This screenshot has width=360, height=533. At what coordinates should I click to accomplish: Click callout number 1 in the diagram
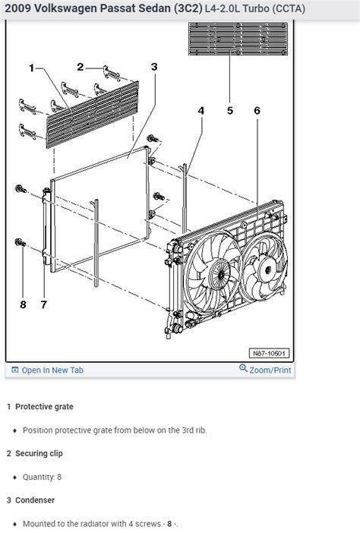point(32,68)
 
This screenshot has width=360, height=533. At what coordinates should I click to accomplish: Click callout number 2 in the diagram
point(81,68)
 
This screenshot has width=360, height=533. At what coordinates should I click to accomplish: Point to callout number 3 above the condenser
point(154,67)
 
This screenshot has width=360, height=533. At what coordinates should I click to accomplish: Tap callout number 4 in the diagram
point(201,111)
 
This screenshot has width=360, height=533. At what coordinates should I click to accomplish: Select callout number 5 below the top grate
point(230,111)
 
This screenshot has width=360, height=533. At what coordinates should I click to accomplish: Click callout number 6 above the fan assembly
point(257,111)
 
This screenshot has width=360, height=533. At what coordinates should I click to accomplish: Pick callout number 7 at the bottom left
point(43,304)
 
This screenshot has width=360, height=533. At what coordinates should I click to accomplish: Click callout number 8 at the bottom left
point(23,304)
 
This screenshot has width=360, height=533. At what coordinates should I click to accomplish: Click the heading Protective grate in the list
point(44,407)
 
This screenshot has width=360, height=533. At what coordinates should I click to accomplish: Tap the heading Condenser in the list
point(35,500)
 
